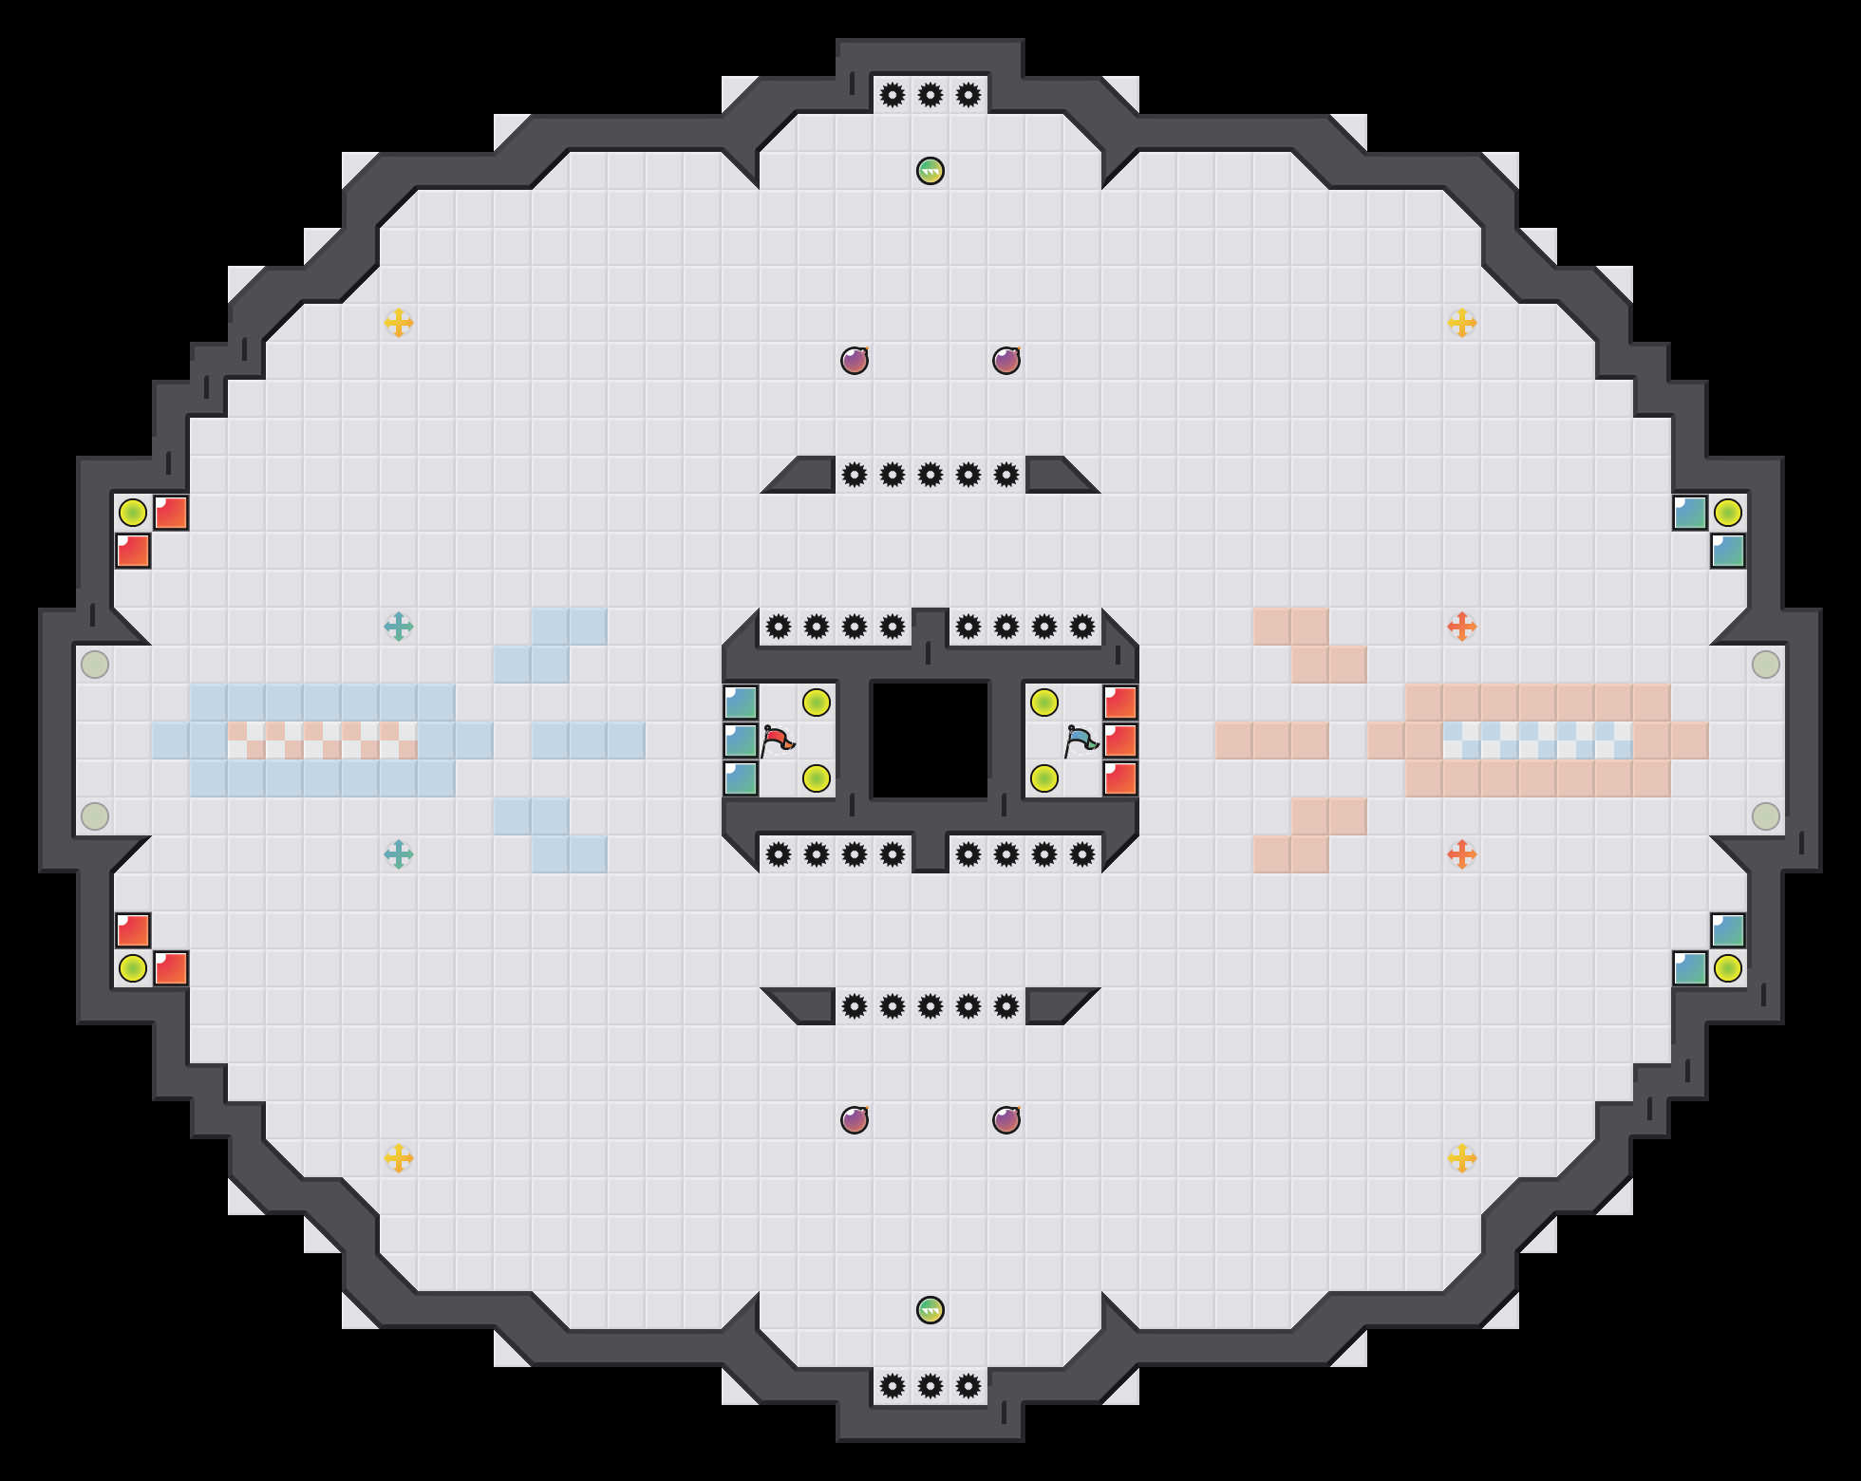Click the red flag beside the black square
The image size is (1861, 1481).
778,740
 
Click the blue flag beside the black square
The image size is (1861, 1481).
1081,740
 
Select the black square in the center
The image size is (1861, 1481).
930,740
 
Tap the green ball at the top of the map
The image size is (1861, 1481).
930,171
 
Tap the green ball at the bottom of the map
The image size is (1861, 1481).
930,1310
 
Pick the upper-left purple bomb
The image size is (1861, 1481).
855,361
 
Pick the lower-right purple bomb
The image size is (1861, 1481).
1006,1120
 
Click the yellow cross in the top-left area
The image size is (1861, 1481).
399,323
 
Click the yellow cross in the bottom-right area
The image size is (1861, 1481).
1462,1158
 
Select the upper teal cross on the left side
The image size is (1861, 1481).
399,627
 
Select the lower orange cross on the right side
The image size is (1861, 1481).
1462,854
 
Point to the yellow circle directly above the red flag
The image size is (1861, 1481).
817,703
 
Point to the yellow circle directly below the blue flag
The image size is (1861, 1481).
1044,778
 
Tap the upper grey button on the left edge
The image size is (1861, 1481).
95,665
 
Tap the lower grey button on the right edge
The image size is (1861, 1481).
1766,816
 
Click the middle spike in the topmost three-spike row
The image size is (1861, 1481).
930,95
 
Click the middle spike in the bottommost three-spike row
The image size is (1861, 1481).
930,1386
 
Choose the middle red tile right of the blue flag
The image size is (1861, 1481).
1120,740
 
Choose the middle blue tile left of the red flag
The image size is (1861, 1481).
741,740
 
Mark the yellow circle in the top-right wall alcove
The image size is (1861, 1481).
1728,513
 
